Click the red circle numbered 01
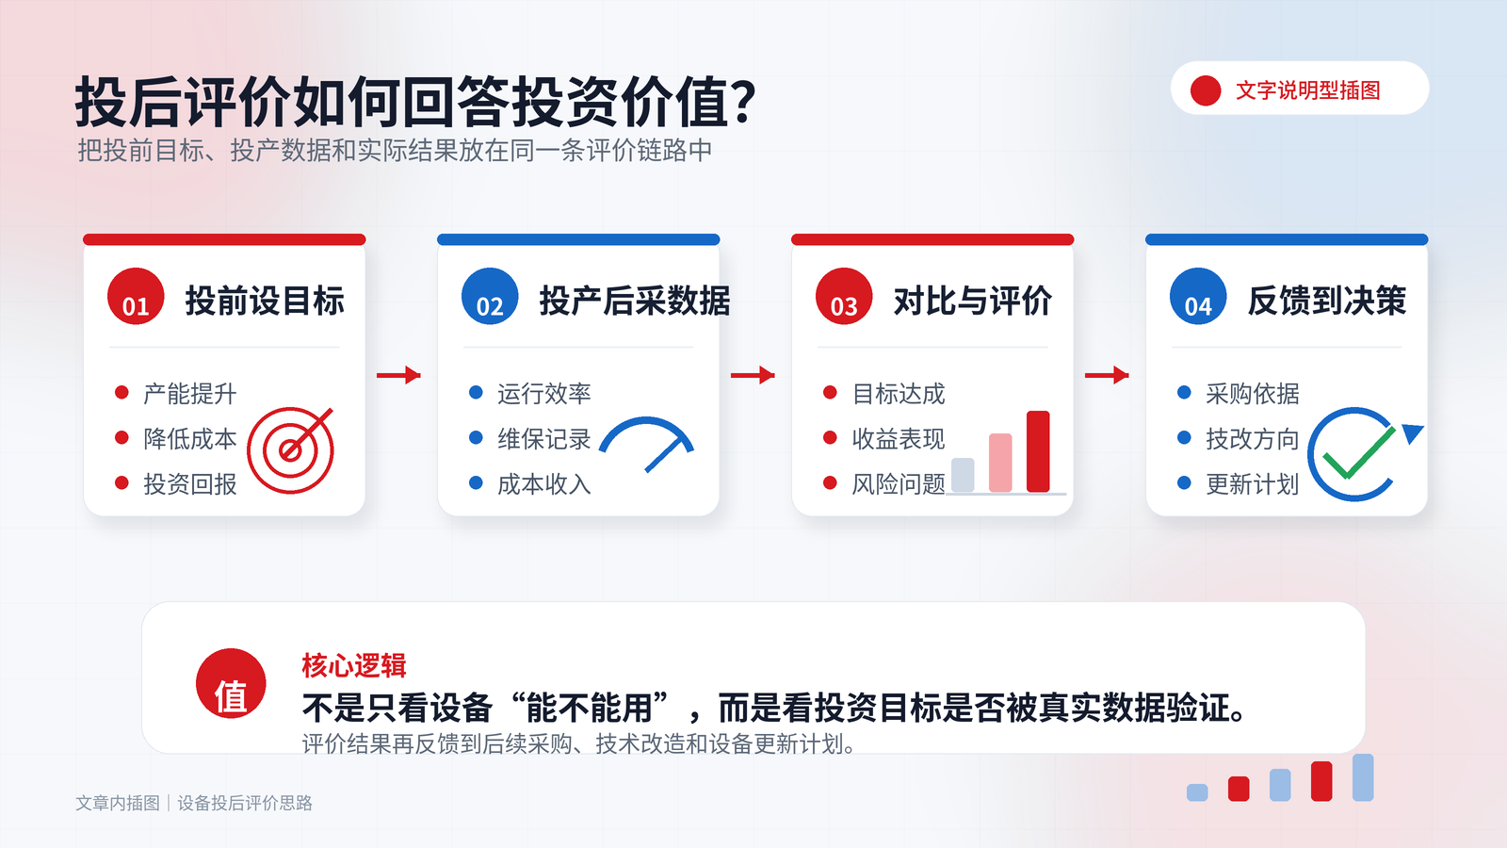tap(136, 296)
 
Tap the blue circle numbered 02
tap(490, 296)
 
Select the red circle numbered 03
tap(844, 296)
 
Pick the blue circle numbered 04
tap(1198, 296)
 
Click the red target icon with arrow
tap(291, 450)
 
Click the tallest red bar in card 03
tap(1038, 451)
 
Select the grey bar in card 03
tap(963, 475)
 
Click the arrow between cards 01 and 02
tap(399, 375)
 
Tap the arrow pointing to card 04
tap(1108, 375)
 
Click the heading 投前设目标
tap(265, 301)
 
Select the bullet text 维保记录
tap(544, 439)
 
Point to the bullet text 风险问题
tap(899, 484)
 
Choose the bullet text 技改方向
tap(1253, 439)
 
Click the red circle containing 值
tap(231, 683)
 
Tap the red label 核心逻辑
tap(354, 665)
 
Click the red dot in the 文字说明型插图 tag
tap(1206, 90)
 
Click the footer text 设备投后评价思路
tap(245, 803)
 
